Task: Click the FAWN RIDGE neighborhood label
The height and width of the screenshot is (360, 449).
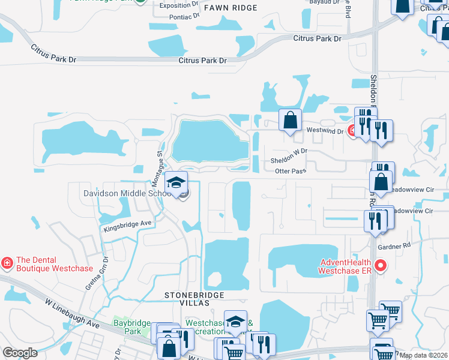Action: point(230,8)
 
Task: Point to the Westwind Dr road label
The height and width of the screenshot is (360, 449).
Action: point(325,130)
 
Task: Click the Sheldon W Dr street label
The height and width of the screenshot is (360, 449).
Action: point(289,157)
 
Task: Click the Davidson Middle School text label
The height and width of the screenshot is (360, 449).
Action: point(127,194)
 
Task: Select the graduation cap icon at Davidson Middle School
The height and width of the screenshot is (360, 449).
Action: point(176,183)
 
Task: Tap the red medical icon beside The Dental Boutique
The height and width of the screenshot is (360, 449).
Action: point(7,263)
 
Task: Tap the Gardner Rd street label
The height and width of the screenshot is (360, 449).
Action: point(394,245)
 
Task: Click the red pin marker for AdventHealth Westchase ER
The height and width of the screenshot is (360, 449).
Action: point(379,265)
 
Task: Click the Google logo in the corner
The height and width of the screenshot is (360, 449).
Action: point(20,353)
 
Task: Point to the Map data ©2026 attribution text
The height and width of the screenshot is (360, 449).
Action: point(423,355)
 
